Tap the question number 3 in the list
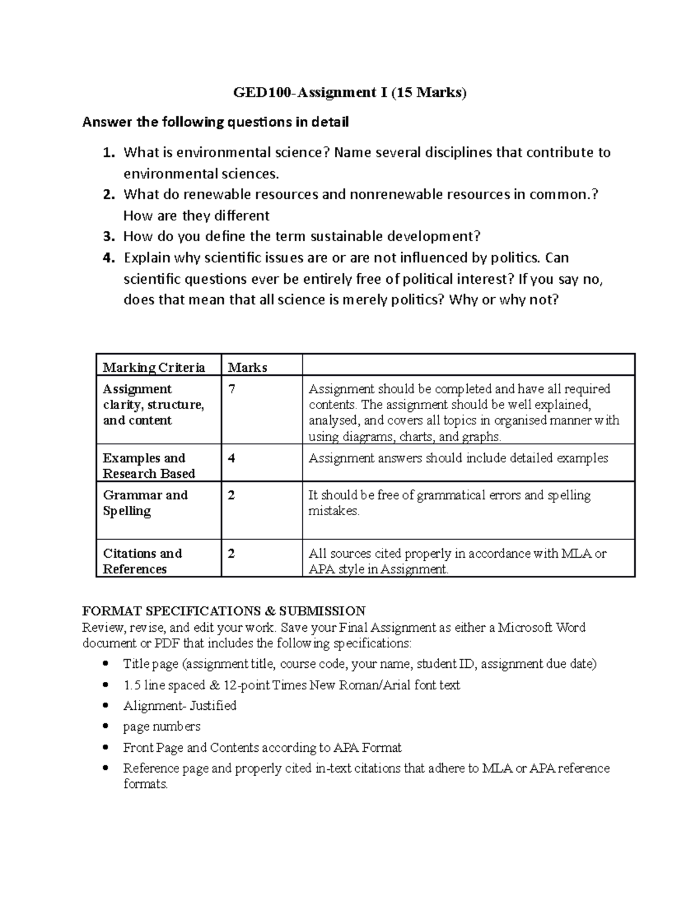tap(108, 237)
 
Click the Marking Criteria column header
tap(154, 367)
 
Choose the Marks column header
tap(247, 367)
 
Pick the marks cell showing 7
tap(232, 389)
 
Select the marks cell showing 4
tap(232, 458)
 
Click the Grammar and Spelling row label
tap(145, 503)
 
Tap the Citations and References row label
tap(142, 561)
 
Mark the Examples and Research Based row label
tap(149, 466)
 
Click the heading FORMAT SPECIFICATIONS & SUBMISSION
tap(223, 611)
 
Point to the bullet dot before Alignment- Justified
tap(105, 706)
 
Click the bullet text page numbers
tap(162, 727)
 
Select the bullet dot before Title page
tap(105, 664)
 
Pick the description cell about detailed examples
tap(458, 458)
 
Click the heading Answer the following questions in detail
tap(215, 122)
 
